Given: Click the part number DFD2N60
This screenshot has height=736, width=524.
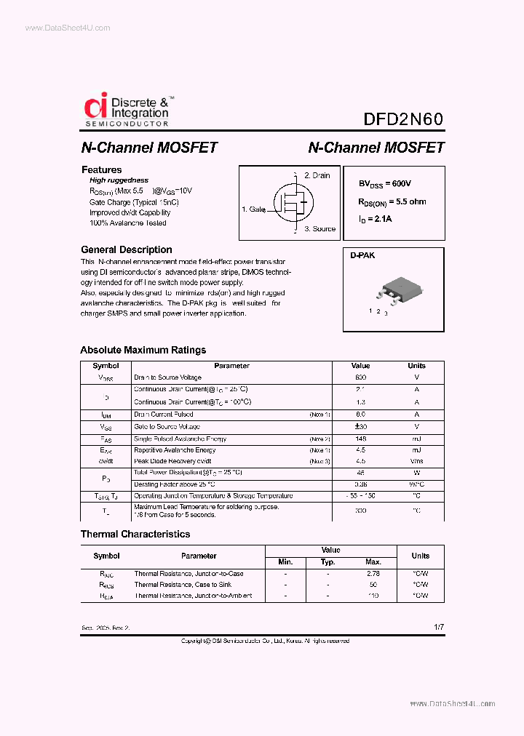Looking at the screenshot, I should tap(402, 120).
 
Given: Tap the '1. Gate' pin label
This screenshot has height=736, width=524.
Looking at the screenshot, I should tap(254, 209).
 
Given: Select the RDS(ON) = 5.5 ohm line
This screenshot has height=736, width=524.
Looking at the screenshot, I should tap(392, 202).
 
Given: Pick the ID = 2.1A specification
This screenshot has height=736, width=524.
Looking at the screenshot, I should tap(375, 219).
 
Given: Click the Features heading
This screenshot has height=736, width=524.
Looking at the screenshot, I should tap(101, 169).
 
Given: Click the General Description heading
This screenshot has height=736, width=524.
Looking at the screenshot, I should tap(126, 249).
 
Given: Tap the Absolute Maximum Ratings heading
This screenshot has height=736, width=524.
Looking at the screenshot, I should tap(143, 350).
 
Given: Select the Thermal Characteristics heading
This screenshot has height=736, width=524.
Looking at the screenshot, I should tap(135, 534).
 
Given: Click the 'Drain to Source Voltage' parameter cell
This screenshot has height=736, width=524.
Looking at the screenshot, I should tap(167, 377).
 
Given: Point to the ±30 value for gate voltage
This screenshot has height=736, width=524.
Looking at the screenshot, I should tap(360, 427).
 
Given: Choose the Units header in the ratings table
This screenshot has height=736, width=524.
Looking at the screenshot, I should tap(416, 366).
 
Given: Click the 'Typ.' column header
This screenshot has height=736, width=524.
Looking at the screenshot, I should tap(328, 562).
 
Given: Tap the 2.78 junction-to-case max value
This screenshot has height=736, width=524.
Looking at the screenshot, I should tap(373, 574).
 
